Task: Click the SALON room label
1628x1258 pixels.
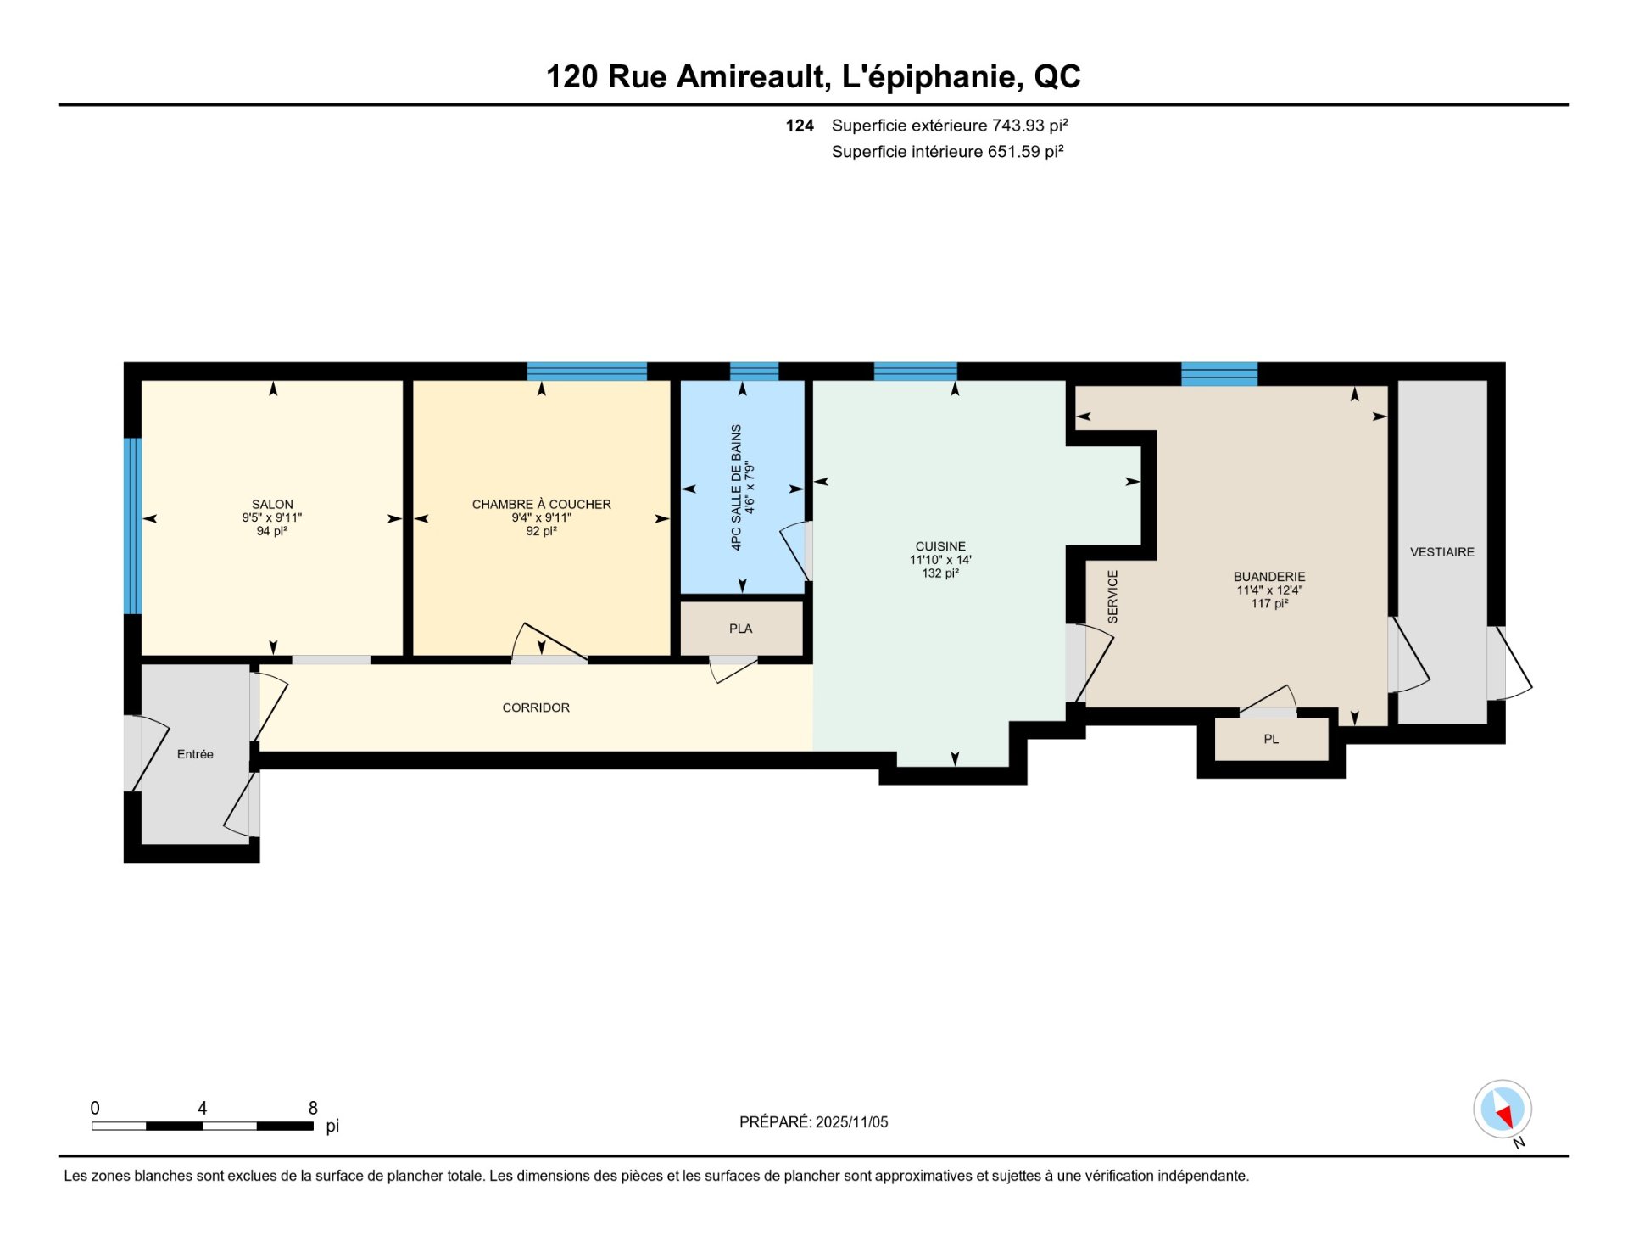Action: coord(271,504)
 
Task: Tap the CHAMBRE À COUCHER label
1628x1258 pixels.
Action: coord(541,504)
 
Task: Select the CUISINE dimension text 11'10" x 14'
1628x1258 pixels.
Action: coord(940,560)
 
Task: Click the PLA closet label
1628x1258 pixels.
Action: coord(740,629)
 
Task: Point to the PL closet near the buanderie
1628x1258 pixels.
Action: coord(1271,739)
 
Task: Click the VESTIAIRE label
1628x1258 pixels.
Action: coord(1441,552)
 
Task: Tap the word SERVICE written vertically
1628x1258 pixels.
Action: coord(1112,596)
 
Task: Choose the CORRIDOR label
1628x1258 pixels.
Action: coord(535,707)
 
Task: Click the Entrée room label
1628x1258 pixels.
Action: coord(195,754)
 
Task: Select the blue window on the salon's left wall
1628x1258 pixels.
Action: coord(132,526)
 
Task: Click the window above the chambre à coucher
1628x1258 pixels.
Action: coord(587,372)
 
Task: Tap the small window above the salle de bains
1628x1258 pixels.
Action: coord(754,372)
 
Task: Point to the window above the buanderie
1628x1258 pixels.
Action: coord(1218,373)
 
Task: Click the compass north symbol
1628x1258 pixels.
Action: coord(1503,1110)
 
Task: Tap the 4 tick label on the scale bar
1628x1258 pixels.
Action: coord(202,1108)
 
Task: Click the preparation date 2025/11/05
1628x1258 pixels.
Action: coord(851,1122)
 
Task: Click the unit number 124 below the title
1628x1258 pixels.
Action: coord(799,126)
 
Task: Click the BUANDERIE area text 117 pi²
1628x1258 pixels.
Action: coord(1269,603)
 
